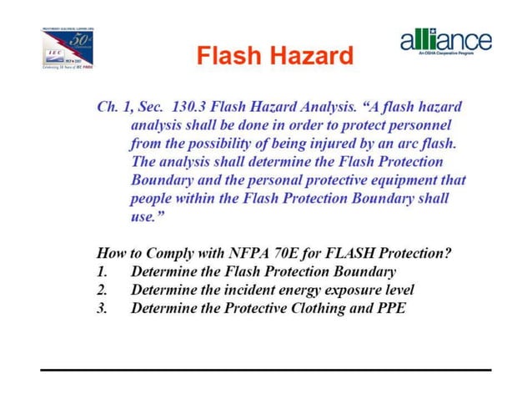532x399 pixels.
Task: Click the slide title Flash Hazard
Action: point(274,57)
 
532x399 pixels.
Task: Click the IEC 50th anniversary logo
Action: point(70,49)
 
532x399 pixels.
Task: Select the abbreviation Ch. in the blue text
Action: point(108,108)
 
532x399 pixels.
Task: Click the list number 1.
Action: point(102,271)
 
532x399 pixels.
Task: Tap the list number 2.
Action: point(102,290)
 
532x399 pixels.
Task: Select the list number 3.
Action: point(102,308)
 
